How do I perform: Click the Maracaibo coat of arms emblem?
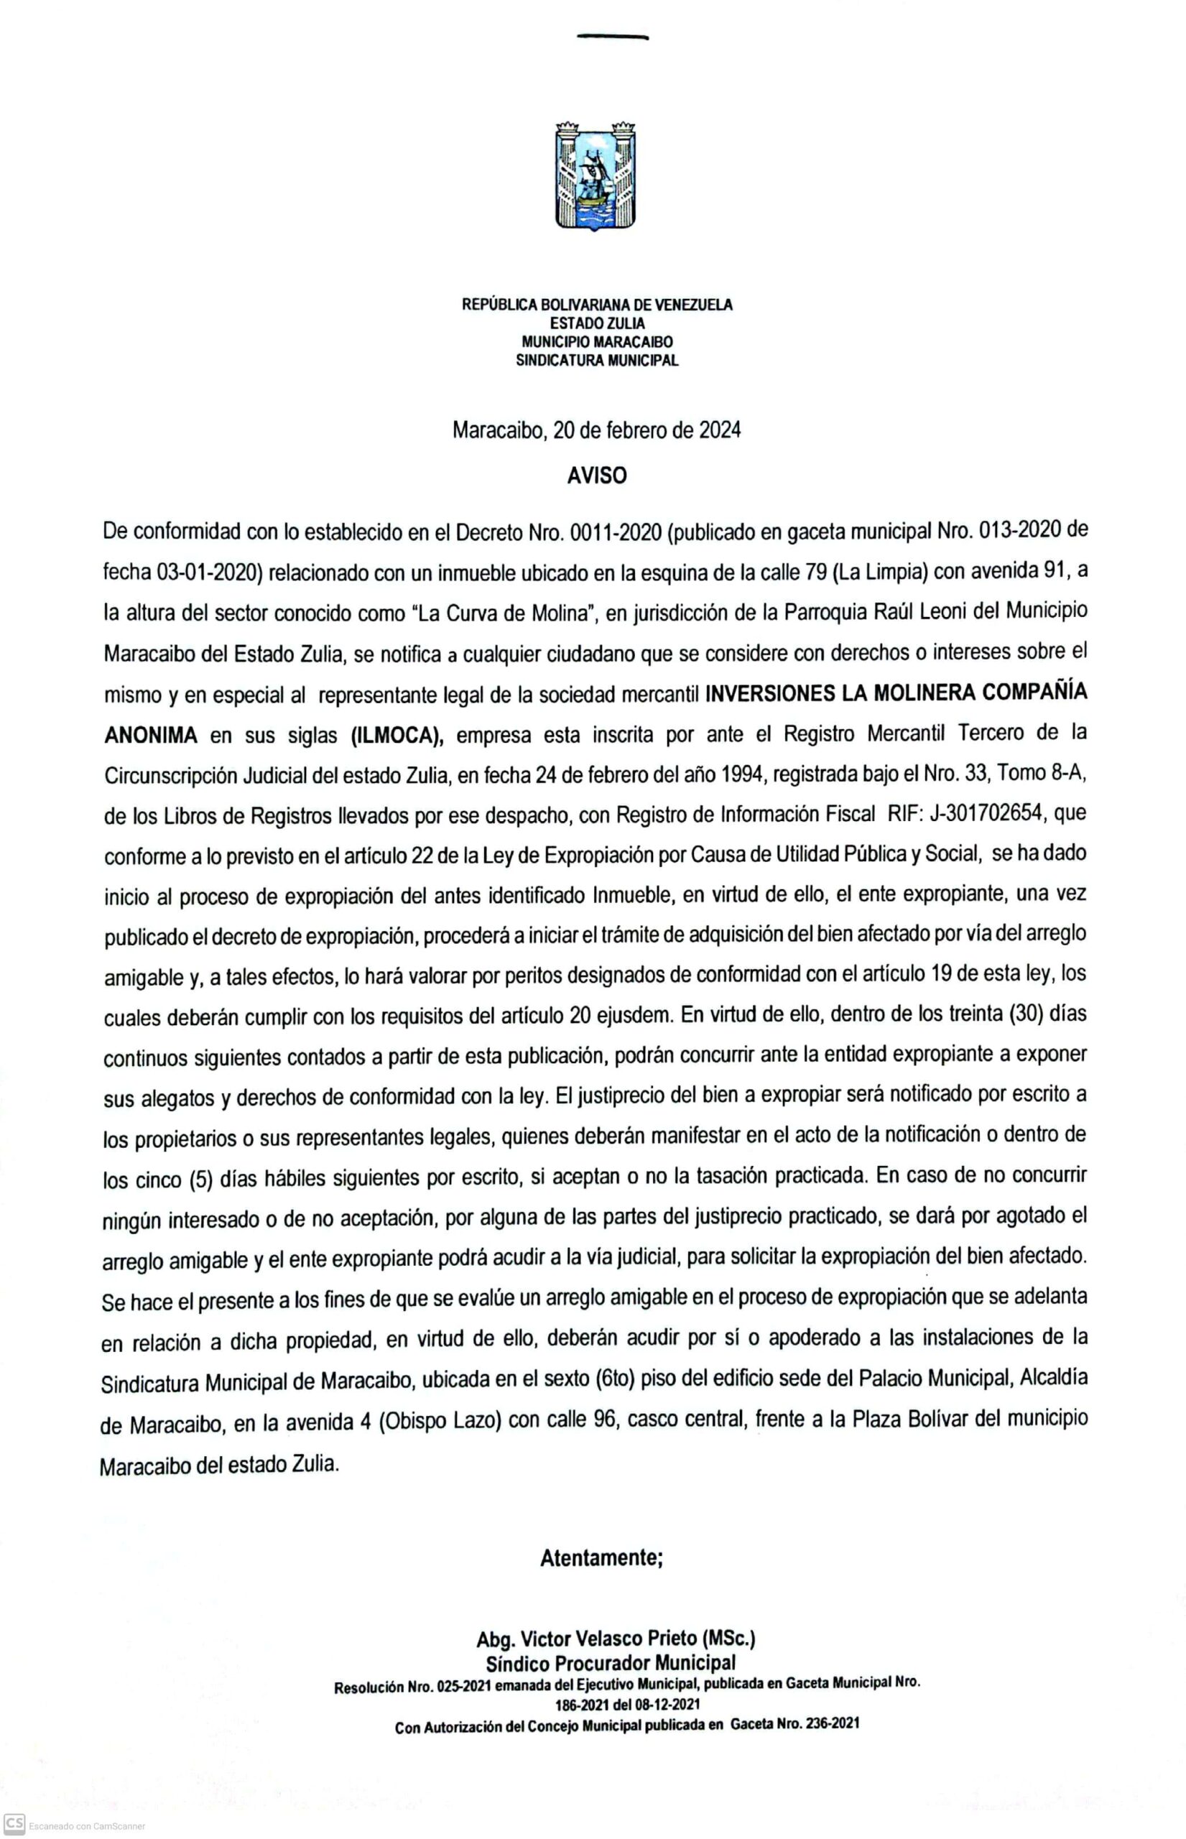click(596, 175)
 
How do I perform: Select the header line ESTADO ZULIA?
click(598, 323)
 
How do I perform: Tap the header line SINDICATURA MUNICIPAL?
click(598, 361)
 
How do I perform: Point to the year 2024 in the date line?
click(719, 430)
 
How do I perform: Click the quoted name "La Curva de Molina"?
click(506, 613)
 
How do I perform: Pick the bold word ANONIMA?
click(151, 736)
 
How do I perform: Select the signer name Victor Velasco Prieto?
click(609, 1639)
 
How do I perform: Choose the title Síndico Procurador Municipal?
click(611, 1663)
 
